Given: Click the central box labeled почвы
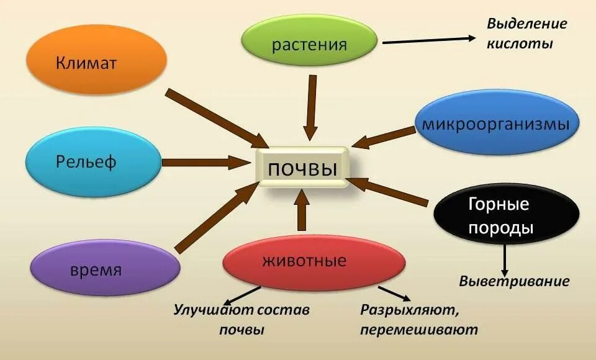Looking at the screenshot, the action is tap(302, 167).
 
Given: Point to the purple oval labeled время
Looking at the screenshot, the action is tap(104, 269).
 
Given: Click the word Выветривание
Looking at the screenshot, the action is tap(514, 281).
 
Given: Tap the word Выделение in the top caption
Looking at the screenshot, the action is tap(526, 24).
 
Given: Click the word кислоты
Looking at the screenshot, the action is tap(519, 44).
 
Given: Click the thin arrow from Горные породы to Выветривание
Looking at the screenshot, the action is tap(505, 260).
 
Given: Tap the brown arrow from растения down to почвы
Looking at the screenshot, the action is tap(312, 109).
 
